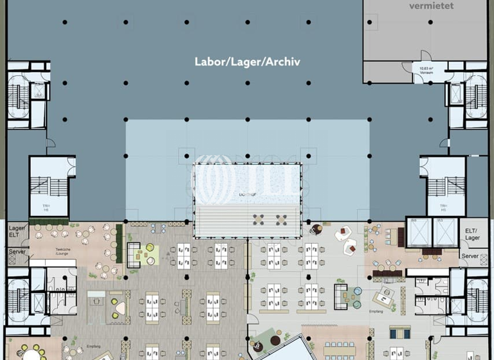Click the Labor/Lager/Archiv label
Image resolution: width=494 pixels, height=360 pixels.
coord(248,62)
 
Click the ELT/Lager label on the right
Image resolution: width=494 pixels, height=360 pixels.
coord(471,234)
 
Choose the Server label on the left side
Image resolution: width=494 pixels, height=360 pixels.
coord(17,253)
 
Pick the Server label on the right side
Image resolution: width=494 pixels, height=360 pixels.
coord(470,256)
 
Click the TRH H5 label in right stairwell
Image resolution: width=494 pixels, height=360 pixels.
coord(443,207)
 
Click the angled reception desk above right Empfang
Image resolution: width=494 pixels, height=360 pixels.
coord(386,296)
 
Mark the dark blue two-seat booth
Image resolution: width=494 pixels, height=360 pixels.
coord(400,332)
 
